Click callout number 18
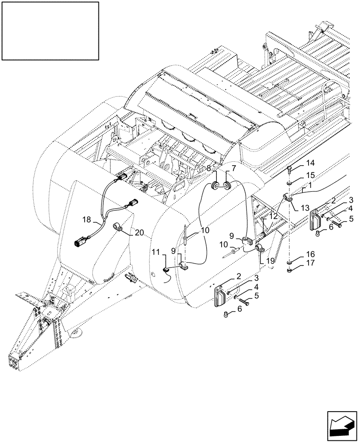coord(87,219)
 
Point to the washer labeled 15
coord(289,183)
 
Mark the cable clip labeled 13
coord(287,198)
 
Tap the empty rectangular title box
coord(50,31)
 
